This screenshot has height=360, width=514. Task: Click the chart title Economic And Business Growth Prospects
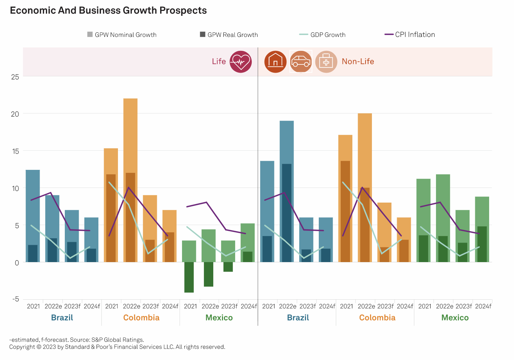coord(108,11)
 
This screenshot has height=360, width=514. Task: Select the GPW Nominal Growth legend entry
coord(122,35)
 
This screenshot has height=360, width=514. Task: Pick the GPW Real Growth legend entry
coord(229,35)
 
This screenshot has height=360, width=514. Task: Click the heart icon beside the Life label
coord(240,61)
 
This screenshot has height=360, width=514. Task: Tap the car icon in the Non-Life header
coord(301,61)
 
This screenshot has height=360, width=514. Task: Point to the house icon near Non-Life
coord(275,61)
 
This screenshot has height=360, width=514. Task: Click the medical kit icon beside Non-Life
coord(326,61)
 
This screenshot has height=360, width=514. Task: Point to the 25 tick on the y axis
coord(15,77)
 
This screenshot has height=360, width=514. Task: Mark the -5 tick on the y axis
coord(15,299)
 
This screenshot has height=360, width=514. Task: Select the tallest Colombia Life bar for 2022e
coord(130,136)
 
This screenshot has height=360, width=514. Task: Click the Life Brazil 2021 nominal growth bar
coord(33,207)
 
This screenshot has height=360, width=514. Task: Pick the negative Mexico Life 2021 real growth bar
coord(189,277)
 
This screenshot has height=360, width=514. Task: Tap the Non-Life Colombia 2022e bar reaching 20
coord(365,151)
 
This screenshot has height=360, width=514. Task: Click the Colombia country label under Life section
coord(141,317)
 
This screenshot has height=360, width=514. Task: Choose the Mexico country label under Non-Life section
coord(455,317)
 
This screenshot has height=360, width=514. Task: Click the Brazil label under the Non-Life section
coord(298,317)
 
